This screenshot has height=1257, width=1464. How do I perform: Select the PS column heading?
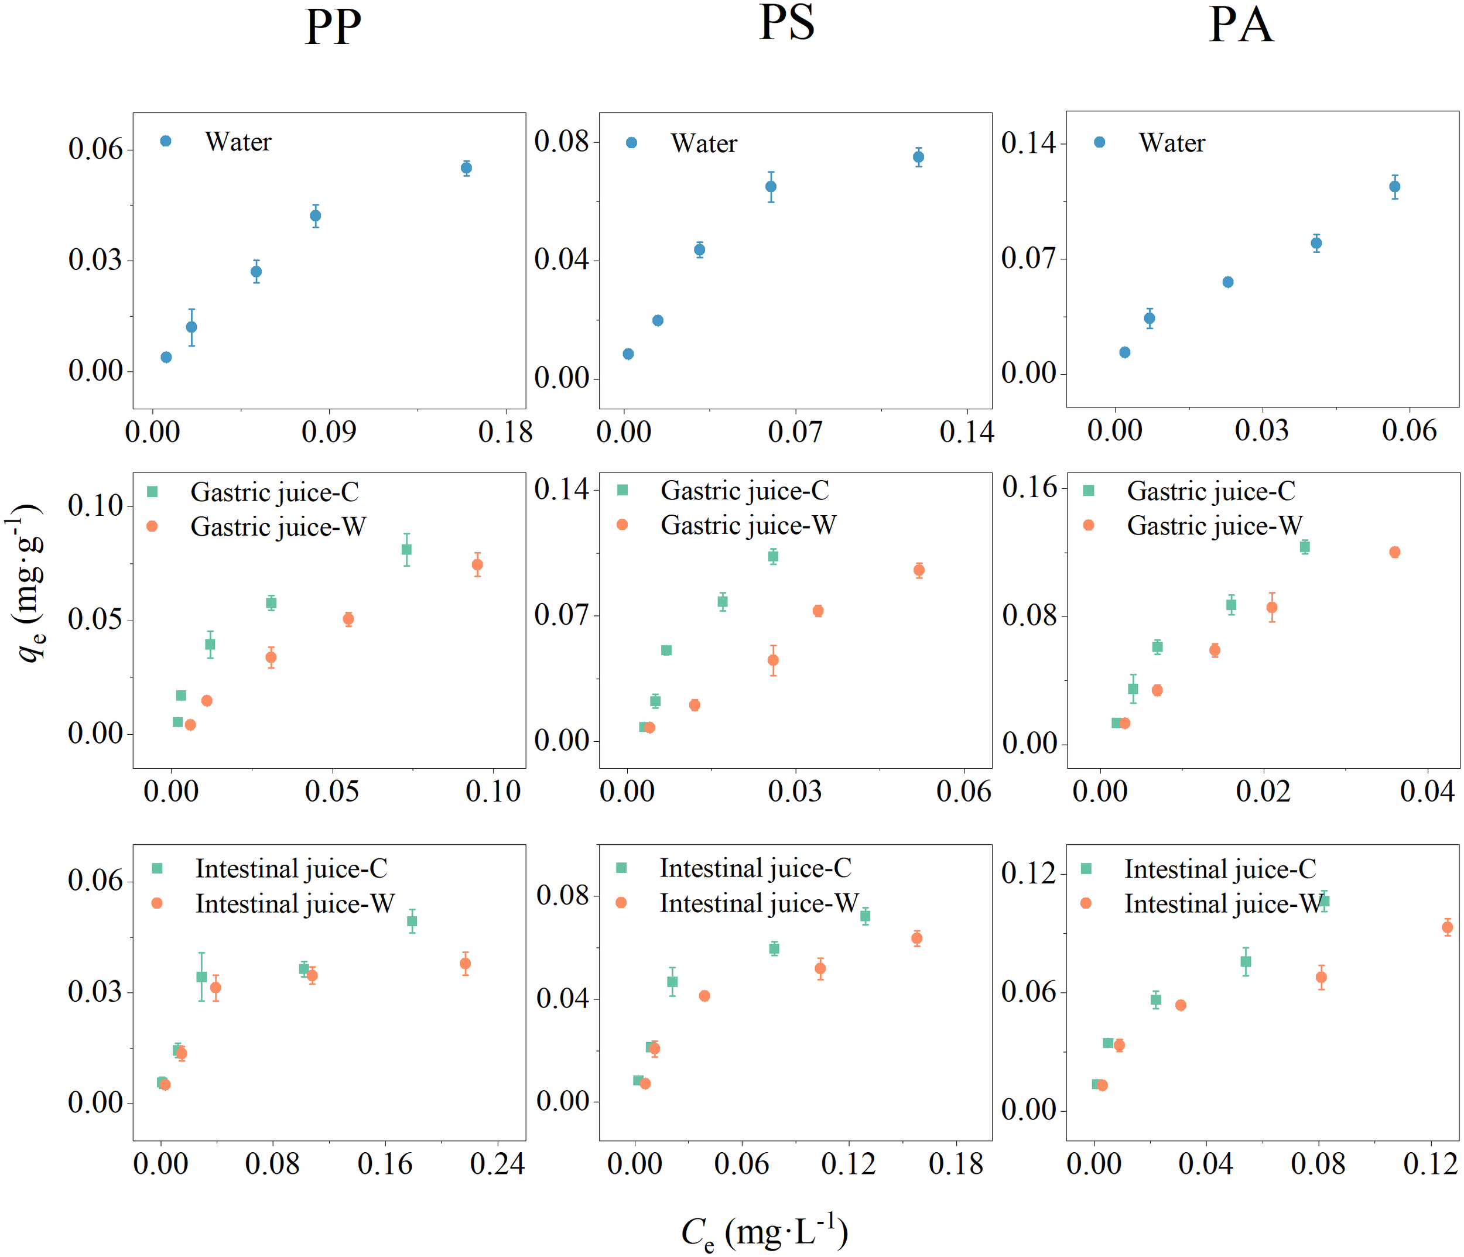[x=786, y=23]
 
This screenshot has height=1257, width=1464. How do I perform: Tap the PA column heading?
[x=1241, y=25]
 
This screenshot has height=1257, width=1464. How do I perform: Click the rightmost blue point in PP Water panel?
[x=466, y=168]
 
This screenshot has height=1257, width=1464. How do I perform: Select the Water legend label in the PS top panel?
[x=704, y=143]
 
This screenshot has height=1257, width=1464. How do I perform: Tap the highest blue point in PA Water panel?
[x=1395, y=187]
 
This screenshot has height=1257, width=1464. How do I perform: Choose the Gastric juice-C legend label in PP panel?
[x=274, y=492]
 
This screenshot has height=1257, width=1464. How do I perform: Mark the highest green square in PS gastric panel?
[x=773, y=557]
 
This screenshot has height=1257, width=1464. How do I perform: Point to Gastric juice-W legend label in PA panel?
[x=1214, y=526]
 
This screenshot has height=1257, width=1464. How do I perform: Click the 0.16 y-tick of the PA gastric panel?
[x=1029, y=488]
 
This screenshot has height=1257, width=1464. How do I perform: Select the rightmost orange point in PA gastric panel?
[x=1395, y=553]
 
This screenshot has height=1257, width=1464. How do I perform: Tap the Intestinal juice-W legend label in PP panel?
[x=295, y=904]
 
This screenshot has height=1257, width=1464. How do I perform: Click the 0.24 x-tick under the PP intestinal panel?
[x=497, y=1164]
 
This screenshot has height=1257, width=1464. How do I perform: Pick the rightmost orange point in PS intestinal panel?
[x=917, y=939]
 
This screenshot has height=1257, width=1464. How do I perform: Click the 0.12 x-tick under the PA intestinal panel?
[x=1430, y=1164]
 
